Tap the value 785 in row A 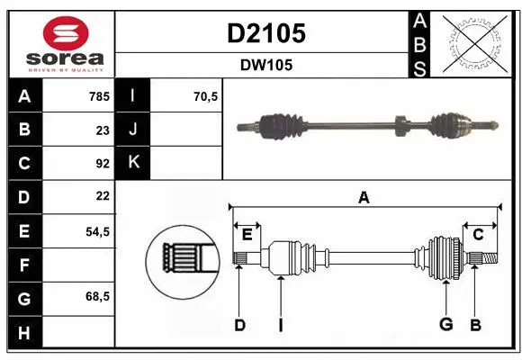click(x=98, y=96)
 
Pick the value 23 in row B click(x=103, y=130)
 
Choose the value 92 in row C click(x=103, y=164)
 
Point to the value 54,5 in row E click(x=97, y=231)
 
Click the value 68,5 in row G click(x=97, y=296)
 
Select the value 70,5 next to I click(x=206, y=96)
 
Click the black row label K click(x=133, y=163)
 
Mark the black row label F click(x=23, y=265)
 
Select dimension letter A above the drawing click(x=364, y=197)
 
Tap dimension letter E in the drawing click(x=247, y=234)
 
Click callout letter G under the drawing click(x=445, y=324)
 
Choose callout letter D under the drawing click(x=239, y=324)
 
